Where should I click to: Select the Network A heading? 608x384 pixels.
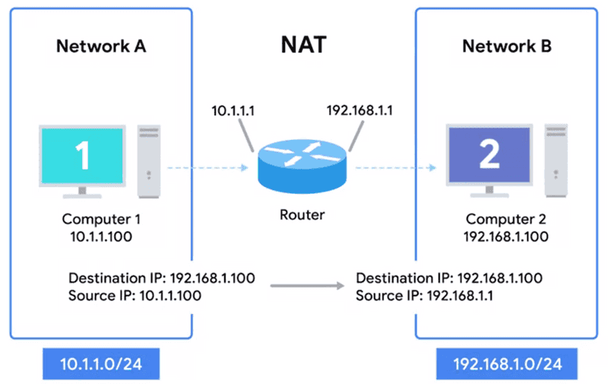pyautogui.click(x=101, y=46)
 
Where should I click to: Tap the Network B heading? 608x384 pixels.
pyautogui.click(x=507, y=46)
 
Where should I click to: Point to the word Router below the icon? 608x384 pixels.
pyautogui.click(x=301, y=214)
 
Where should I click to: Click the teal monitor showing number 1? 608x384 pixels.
pyautogui.click(x=82, y=155)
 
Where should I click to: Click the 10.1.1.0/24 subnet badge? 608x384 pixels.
pyautogui.click(x=101, y=364)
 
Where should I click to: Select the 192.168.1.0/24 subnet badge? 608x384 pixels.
pyautogui.click(x=507, y=364)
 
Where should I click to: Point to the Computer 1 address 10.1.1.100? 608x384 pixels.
pyautogui.click(x=101, y=236)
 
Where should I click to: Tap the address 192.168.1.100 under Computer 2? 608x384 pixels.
pyautogui.click(x=507, y=236)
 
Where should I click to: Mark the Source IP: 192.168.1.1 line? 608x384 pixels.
pyautogui.click(x=424, y=295)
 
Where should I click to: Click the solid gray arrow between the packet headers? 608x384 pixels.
pyautogui.click(x=303, y=286)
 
